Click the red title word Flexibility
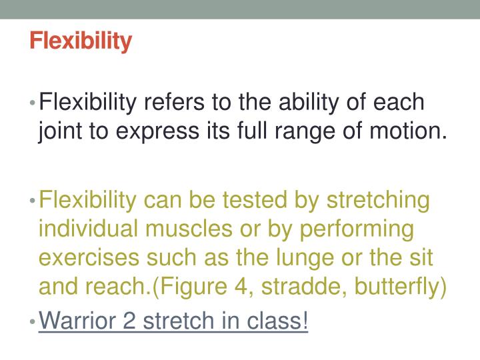(x=81, y=41)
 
